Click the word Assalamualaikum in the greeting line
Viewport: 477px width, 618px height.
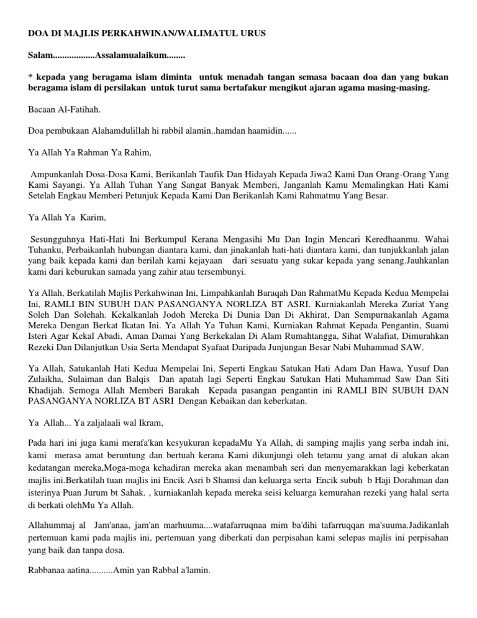pyautogui.click(x=130, y=57)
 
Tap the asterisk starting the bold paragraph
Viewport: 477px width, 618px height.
pyautogui.click(x=31, y=76)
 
